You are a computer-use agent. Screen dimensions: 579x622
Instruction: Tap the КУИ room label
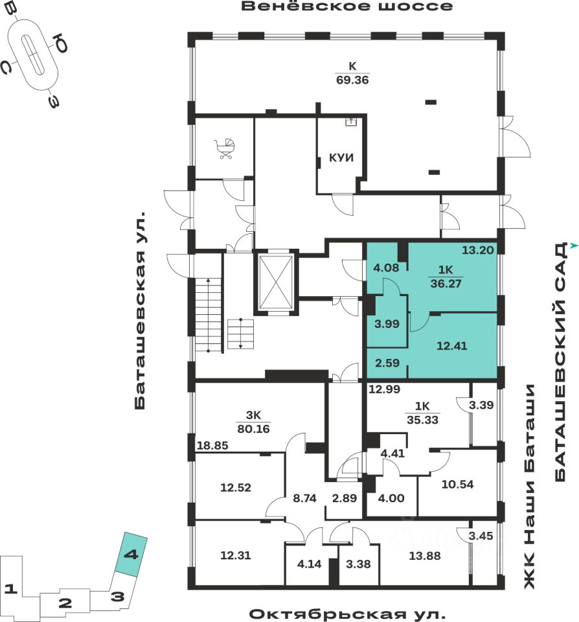341,157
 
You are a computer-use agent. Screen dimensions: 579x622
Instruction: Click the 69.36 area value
352,80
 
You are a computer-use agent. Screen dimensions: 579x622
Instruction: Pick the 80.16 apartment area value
253,428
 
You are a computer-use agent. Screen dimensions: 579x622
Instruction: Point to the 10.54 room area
457,484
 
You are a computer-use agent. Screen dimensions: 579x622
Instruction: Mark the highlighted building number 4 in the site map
131,555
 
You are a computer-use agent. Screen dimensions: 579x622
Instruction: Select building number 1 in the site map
10,589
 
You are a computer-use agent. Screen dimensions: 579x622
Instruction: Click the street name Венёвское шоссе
346,7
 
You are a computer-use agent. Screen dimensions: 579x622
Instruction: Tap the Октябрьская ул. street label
348,613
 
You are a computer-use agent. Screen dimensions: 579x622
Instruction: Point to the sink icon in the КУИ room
350,121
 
